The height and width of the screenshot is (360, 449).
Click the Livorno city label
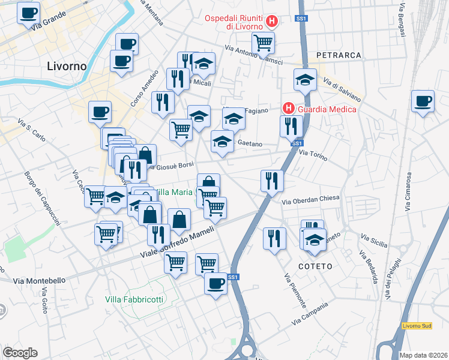click(67, 65)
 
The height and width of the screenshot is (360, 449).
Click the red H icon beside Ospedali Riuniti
click(272, 22)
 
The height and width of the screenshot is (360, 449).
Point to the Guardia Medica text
click(327, 109)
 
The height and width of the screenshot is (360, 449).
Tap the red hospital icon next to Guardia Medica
click(289, 109)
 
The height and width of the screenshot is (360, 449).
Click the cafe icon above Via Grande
click(28, 12)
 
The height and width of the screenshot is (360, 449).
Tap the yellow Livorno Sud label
click(417, 325)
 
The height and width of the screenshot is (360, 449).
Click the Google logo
click(20, 353)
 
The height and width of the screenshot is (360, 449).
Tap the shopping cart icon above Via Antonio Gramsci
click(263, 42)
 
